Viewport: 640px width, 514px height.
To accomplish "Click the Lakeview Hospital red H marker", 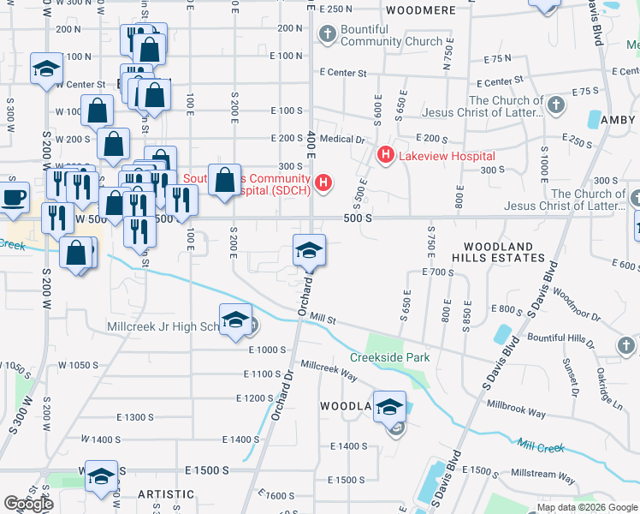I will coord(385,155).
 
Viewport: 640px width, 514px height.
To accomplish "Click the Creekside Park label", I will coord(389,357).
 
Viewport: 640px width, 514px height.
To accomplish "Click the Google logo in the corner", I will coord(28,504).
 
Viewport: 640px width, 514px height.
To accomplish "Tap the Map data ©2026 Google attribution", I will coord(586,507).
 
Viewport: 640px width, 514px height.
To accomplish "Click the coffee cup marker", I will coord(12,197).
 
